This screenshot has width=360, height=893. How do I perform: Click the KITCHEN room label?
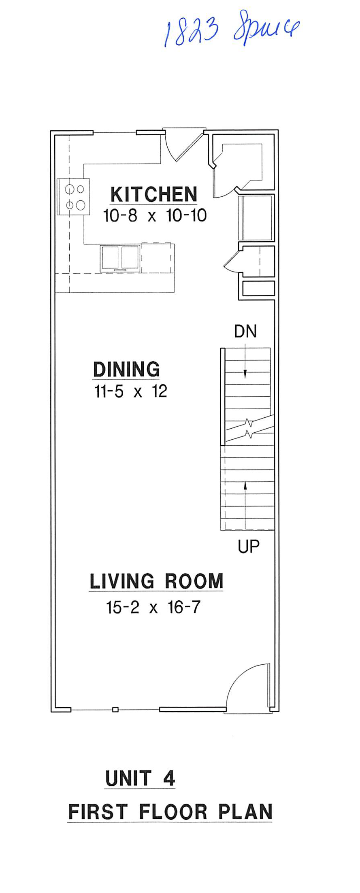154,195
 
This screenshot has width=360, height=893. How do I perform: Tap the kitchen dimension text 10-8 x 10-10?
155,216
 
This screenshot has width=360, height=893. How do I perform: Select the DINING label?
126,370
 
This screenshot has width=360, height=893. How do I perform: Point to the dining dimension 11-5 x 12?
130,391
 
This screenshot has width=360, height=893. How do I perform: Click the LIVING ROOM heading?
156,581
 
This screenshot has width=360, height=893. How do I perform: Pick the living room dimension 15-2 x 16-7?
153,607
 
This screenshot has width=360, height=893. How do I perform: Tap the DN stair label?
245,332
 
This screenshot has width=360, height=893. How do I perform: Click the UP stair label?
248,547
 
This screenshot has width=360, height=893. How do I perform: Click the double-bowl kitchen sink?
120,257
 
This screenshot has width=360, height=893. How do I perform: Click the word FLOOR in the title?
172,812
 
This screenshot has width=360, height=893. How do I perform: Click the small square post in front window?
115,709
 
